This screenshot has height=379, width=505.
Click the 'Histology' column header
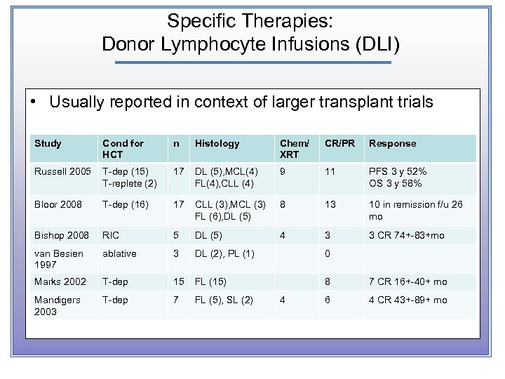[217, 143]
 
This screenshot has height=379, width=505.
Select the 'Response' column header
[392, 143]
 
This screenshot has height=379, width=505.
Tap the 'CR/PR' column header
[339, 143]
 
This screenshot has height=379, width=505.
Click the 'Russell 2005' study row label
[62, 171]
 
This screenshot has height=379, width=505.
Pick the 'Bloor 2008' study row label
[58, 205]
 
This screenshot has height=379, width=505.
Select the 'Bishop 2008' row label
[61, 235]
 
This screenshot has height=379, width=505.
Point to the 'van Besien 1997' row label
[58, 259]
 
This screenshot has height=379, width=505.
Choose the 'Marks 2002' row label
[60, 281]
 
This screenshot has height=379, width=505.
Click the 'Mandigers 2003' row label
[57, 305]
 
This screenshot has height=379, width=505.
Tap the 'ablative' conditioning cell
[119, 253]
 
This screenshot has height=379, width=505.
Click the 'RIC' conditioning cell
[110, 235]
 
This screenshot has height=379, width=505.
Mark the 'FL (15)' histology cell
[210, 281]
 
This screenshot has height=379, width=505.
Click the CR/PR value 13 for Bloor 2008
[329, 205]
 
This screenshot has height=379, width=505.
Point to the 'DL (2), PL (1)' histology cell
[224, 253]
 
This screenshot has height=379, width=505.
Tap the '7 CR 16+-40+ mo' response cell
[408, 281]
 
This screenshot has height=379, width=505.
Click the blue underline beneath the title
[252, 62]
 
